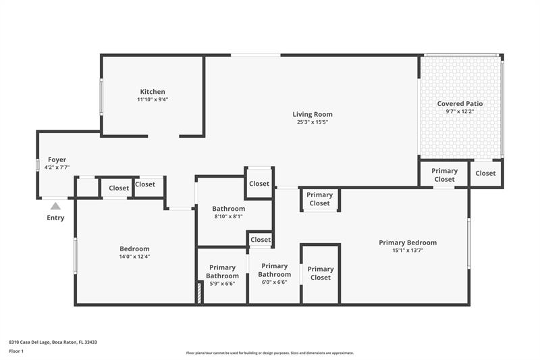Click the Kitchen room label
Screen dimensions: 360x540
click(153, 92)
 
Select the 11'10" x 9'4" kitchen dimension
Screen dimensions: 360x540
click(153, 100)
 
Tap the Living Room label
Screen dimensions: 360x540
click(313, 114)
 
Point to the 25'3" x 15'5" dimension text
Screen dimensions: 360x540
click(313, 122)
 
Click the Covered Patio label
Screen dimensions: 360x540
click(460, 103)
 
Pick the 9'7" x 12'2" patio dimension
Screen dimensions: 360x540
click(460, 111)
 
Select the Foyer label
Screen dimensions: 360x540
click(57, 159)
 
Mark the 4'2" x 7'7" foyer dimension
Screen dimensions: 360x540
click(57, 168)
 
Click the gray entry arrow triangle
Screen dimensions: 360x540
click(55, 206)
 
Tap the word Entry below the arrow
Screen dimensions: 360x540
click(55, 217)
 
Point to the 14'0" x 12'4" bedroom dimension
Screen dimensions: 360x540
click(134, 257)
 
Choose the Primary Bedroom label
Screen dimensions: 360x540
click(408, 242)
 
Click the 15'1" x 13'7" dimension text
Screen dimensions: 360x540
click(408, 251)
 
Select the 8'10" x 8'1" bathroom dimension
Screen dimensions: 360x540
click(228, 217)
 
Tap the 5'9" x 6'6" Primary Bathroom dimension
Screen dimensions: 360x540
click(222, 284)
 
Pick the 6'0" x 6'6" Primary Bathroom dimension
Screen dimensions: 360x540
click(274, 282)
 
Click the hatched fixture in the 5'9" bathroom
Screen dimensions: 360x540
click(199, 293)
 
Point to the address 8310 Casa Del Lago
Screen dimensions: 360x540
click(53, 342)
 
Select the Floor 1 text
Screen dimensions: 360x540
click(16, 352)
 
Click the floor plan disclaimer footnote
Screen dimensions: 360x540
click(269, 353)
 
